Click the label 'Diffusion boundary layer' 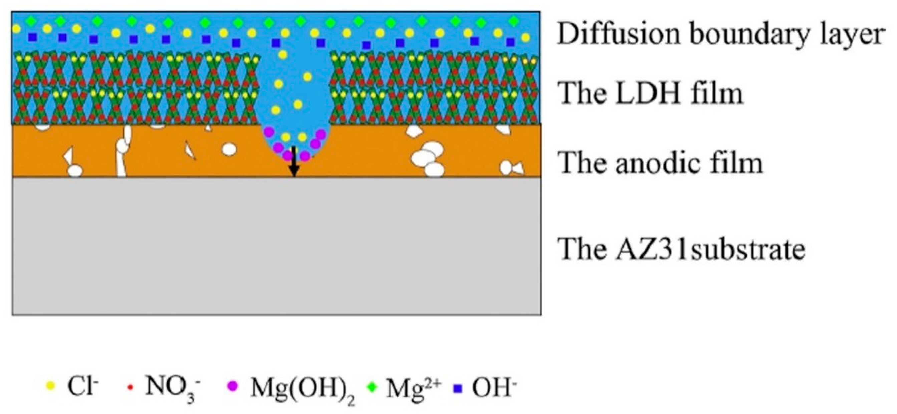coord(721,35)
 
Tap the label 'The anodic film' coord(660,163)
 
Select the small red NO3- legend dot coord(130,387)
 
